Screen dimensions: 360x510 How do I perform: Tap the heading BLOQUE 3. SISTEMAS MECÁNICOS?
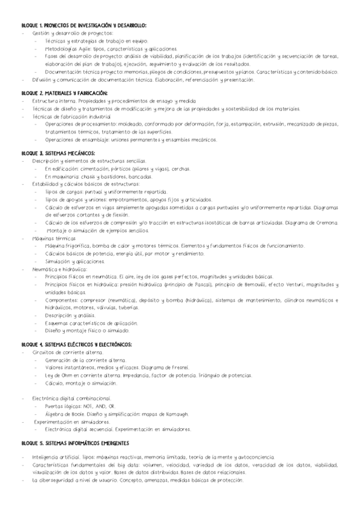[58, 153]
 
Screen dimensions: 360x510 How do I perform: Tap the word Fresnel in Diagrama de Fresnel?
[177, 367]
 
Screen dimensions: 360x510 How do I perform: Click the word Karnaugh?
[175, 414]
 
